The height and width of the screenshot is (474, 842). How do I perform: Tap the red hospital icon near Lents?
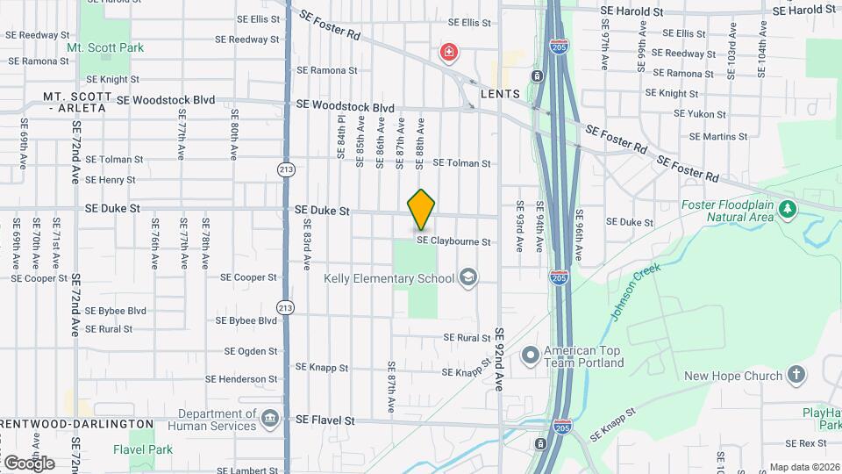(x=449, y=54)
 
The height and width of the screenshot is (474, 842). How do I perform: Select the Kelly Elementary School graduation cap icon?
(x=469, y=278)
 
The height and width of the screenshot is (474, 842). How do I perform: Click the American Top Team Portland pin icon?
(x=530, y=355)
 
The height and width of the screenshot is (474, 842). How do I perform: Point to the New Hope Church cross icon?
(x=796, y=376)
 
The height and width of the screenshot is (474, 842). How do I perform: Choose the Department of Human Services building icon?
(x=271, y=420)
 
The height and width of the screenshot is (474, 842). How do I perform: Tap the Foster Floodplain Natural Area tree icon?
(x=788, y=208)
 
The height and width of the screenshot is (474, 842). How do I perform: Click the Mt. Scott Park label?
(x=105, y=47)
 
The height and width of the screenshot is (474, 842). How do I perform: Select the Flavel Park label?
(x=143, y=449)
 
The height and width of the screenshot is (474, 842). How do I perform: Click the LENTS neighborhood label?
(x=501, y=94)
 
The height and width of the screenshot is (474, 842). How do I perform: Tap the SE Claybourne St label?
(x=465, y=241)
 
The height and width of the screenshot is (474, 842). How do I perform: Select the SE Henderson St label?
(x=241, y=379)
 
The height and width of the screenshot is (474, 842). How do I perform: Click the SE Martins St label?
(x=718, y=136)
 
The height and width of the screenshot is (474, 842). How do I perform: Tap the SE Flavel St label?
(x=325, y=420)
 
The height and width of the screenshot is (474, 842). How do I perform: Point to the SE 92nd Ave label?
(x=500, y=359)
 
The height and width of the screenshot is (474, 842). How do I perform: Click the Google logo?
(x=29, y=463)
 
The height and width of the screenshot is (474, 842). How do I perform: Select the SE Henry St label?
(x=111, y=180)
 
